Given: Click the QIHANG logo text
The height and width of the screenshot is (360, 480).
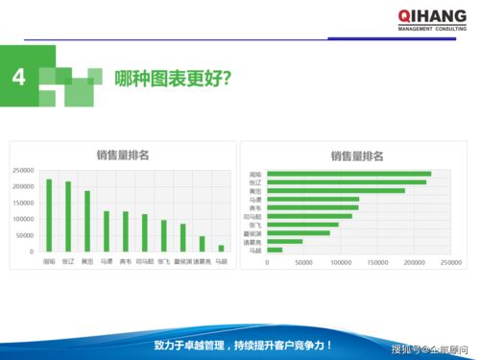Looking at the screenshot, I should click(434, 15).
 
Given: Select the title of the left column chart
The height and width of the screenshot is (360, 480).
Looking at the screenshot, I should click(122, 154).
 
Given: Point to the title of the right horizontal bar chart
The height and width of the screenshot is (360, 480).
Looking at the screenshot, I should click(357, 156).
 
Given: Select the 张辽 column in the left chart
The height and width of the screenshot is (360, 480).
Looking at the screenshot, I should click(68, 216).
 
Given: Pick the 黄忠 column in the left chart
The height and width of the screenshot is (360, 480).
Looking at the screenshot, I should click(87, 221).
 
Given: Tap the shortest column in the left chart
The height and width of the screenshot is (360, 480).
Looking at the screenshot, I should click(221, 248).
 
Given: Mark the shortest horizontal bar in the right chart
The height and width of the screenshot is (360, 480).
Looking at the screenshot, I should click(275, 250).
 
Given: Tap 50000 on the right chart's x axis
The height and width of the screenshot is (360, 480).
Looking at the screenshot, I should click(304, 261).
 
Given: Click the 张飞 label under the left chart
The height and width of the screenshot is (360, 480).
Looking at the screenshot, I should click(163, 260).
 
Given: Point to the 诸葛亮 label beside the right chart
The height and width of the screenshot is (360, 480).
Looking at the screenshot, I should click(254, 241).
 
